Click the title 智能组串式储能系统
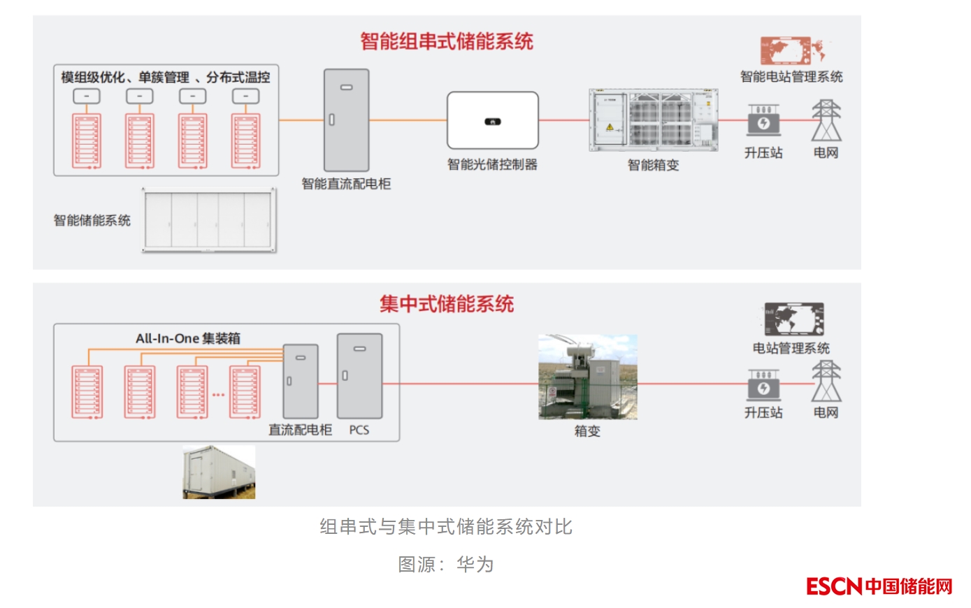447,41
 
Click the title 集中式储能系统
447,304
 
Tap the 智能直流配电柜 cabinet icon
346,120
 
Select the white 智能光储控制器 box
492,120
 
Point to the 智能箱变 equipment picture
653,120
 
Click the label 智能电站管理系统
791,77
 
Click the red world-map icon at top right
791,50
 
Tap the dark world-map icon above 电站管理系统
793,319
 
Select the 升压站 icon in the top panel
763,121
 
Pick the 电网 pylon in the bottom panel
826,382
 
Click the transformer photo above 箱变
587,377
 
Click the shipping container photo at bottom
219,472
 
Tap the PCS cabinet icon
359,376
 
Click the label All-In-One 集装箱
188,338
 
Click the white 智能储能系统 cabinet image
209,220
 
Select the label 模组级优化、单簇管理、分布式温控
165,77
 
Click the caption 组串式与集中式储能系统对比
446,527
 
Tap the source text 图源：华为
446,564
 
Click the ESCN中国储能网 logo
879,586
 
